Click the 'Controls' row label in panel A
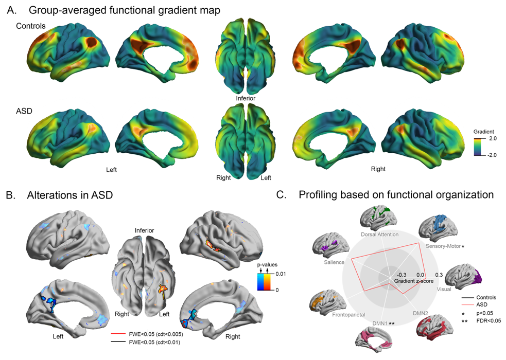(x=31, y=26)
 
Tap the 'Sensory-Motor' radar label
(x=443, y=246)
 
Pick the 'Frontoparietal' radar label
(x=349, y=314)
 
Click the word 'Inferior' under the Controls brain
(x=246, y=98)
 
